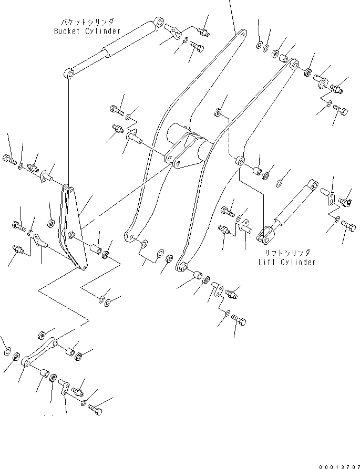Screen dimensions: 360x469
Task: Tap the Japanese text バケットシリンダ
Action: (x=87, y=22)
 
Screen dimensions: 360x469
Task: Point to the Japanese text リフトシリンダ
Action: (x=287, y=253)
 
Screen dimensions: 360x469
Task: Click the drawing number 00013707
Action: (x=340, y=466)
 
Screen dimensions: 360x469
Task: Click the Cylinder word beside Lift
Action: (x=298, y=262)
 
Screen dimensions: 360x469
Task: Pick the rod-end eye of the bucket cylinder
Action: (x=69, y=73)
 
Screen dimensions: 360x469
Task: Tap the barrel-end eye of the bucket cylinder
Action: (x=159, y=23)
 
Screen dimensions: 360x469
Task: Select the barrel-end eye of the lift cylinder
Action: (x=313, y=184)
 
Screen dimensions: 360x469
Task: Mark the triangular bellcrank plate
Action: (x=74, y=228)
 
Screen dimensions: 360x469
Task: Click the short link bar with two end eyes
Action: (x=39, y=352)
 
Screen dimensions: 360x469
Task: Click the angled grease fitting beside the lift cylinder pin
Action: (x=345, y=203)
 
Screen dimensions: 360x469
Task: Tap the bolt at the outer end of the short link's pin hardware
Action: (x=95, y=409)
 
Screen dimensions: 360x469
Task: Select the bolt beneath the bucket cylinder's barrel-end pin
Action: (x=197, y=47)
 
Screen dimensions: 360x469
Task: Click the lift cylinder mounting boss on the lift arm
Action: (x=240, y=160)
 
